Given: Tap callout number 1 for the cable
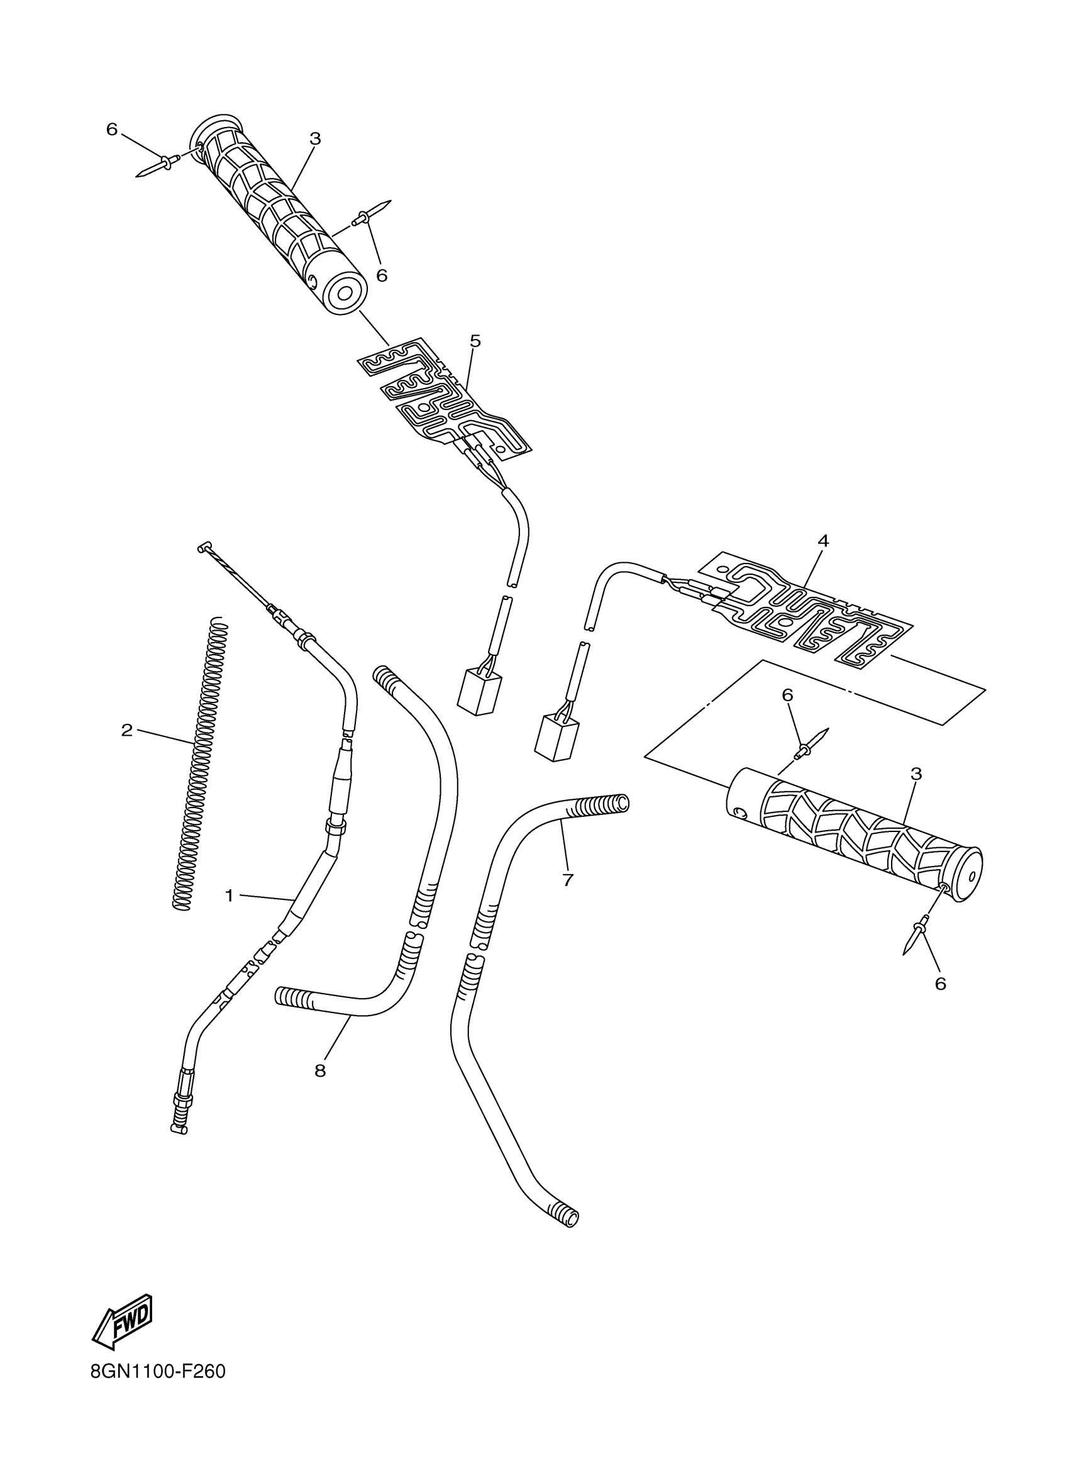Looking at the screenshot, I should pos(229,896).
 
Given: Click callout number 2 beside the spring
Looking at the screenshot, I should pos(127,730).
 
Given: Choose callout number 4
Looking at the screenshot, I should pos(823,540).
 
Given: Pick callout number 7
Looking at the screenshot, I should pos(567,880).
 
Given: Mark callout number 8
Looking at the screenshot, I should pos(319,1070).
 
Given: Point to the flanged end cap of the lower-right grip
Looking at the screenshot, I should pos(970,875).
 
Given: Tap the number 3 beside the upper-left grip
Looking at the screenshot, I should pos(315,138).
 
